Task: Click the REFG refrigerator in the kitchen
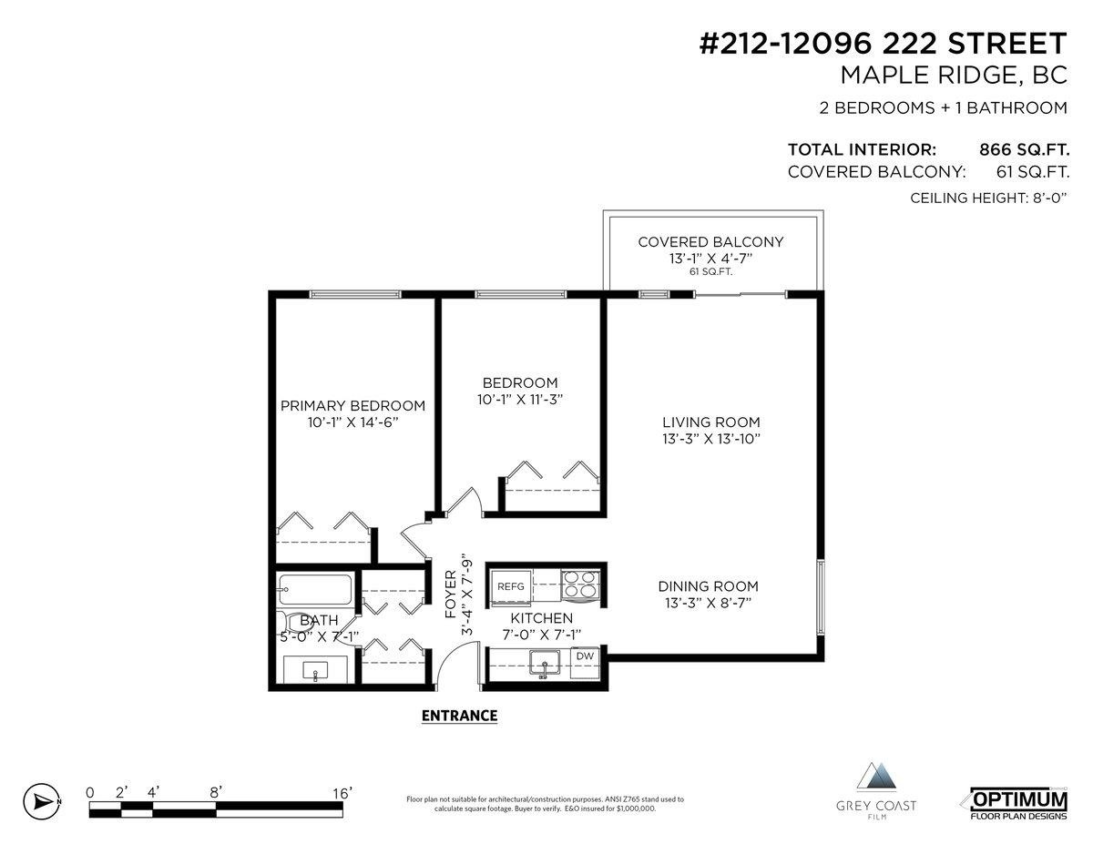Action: [x=511, y=586]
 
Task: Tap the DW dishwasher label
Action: [x=585, y=656]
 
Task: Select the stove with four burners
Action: [x=580, y=585]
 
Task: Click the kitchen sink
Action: [x=545, y=663]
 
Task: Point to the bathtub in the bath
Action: [x=314, y=589]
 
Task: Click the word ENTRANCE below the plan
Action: [x=459, y=716]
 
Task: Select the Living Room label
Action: [x=710, y=422]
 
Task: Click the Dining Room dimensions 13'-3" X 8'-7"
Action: [x=709, y=602]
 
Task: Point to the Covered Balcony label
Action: [x=710, y=242]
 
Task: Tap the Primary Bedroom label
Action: [x=352, y=406]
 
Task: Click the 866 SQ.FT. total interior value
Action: [x=1024, y=149]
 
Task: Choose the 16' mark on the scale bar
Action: [x=342, y=793]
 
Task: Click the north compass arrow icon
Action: [x=42, y=801]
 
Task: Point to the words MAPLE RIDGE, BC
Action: [x=954, y=76]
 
